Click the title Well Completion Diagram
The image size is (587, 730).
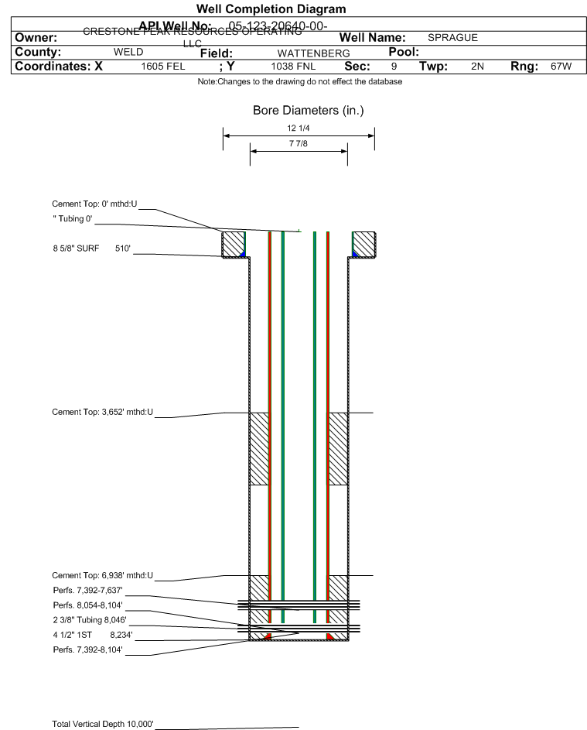tap(271, 9)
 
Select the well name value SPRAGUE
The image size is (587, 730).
tap(452, 37)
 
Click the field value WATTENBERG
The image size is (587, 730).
tap(302, 53)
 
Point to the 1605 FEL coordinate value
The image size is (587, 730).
tap(162, 67)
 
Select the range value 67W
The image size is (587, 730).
tap(561, 67)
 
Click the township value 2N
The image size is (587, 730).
tap(477, 67)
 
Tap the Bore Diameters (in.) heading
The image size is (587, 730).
tap(308, 111)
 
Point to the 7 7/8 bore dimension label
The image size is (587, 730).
tap(299, 144)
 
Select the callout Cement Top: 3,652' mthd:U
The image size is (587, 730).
tap(102, 413)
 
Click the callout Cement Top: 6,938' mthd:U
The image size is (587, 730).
tap(102, 575)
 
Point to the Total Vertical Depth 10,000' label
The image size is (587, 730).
tap(103, 724)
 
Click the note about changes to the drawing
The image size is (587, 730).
tap(299, 81)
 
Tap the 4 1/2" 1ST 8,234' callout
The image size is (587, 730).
tap(87, 634)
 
